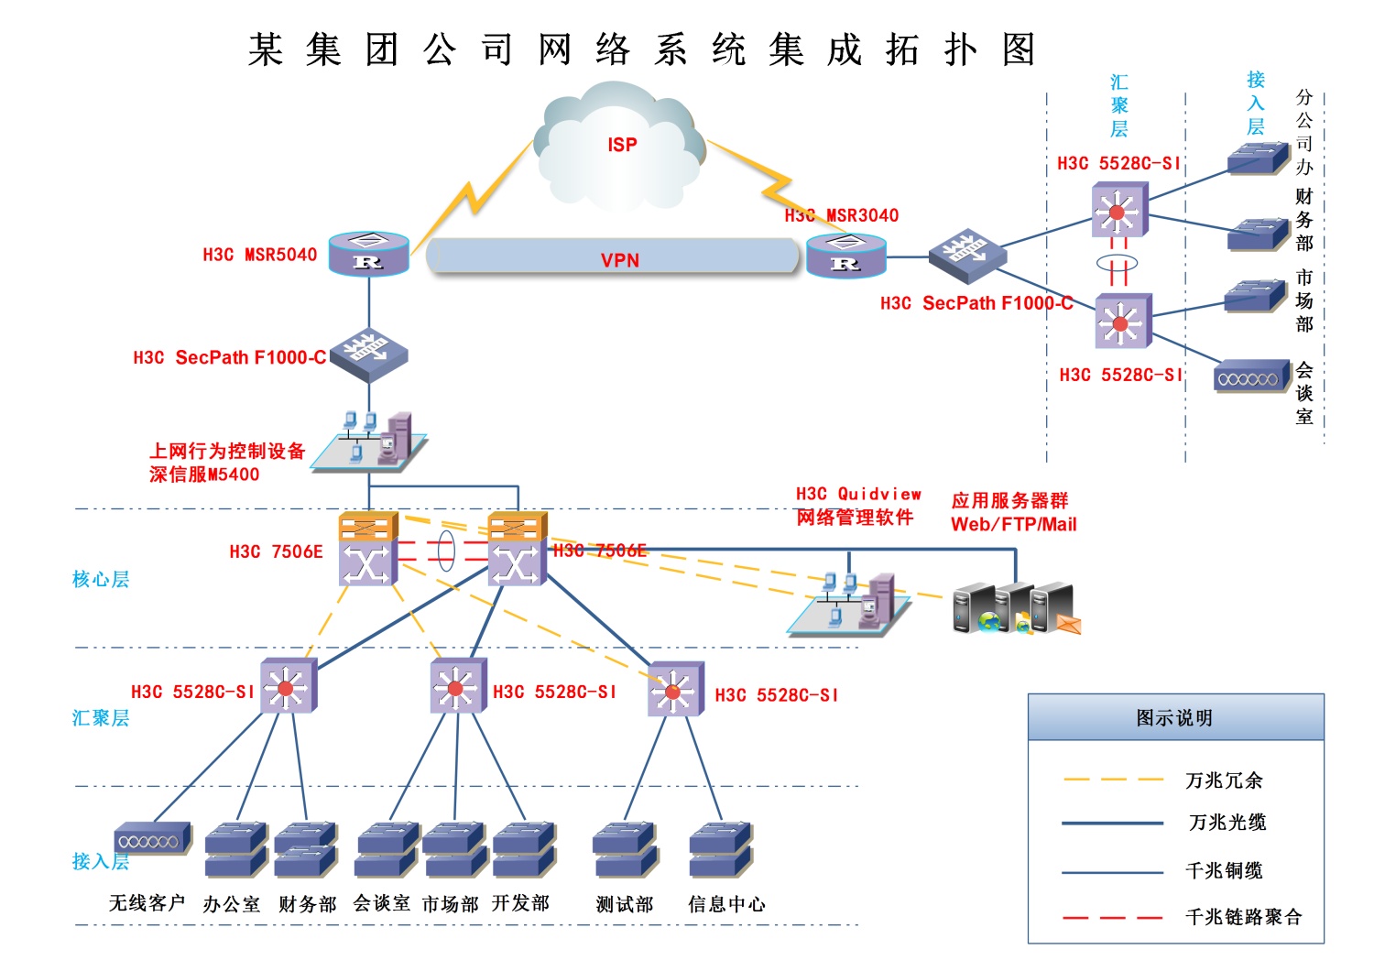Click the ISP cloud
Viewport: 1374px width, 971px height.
pos(621,147)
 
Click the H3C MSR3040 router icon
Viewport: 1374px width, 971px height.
pos(845,256)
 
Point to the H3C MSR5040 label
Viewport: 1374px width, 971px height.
pos(259,255)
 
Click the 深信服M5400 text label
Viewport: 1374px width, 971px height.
pos(204,475)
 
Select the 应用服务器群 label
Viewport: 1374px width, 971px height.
pos(1009,500)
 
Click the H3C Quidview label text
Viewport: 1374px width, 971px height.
pos(858,495)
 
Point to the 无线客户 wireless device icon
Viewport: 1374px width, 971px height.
pos(153,838)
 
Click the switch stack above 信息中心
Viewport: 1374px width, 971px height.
pos(721,849)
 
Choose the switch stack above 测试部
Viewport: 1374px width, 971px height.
pos(625,849)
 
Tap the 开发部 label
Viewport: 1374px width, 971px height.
pos(520,903)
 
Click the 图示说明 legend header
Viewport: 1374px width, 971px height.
pos(1175,718)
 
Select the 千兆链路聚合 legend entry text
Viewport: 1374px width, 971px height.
pos(1243,917)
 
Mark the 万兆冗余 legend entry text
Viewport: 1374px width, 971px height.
pos(1224,780)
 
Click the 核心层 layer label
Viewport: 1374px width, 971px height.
pos(101,579)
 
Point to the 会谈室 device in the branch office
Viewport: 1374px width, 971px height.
pos(1251,377)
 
